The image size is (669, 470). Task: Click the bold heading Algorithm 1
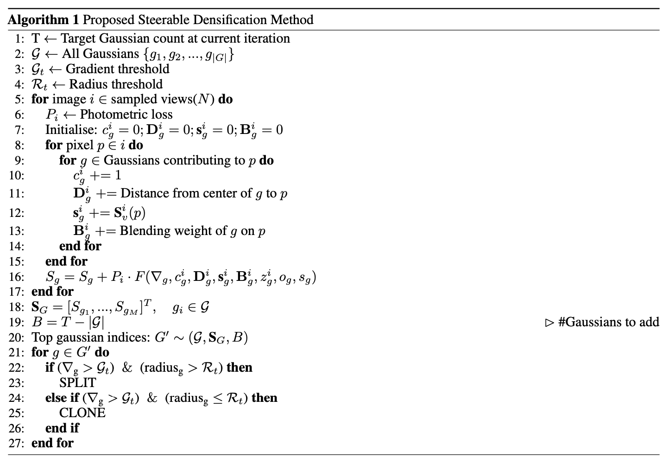coord(44,20)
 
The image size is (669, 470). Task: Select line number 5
coord(19,100)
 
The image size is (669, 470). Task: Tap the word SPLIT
coord(77,383)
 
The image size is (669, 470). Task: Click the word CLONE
coord(82,413)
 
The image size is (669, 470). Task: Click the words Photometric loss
coord(126,115)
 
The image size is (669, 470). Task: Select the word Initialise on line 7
coord(69,130)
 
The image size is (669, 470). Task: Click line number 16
coord(16,277)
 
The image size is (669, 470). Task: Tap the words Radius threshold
coord(116,84)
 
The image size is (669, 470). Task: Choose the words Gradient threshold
coord(118,69)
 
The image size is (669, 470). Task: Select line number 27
coord(16,444)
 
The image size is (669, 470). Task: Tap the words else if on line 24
coord(62,398)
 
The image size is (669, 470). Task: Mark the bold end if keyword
coord(62,428)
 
